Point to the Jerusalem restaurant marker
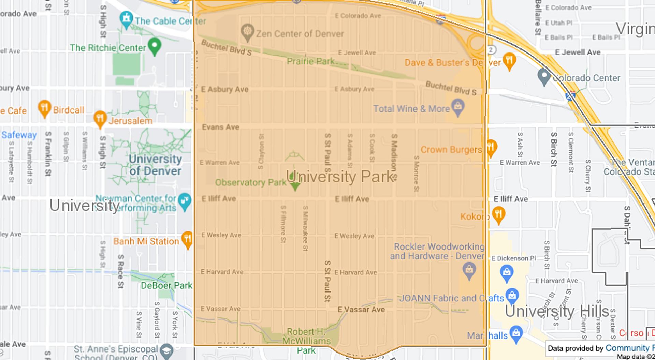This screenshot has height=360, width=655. (100, 118)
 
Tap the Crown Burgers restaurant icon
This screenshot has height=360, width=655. (491, 147)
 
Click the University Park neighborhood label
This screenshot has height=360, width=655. (340, 177)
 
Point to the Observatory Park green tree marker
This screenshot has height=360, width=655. (295, 184)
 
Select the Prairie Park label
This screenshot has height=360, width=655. (311, 61)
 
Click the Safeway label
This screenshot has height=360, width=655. (19, 135)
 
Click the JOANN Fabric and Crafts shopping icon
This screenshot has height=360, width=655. (512, 296)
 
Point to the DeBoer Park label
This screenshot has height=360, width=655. (166, 285)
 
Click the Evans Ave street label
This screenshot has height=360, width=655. (220, 127)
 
